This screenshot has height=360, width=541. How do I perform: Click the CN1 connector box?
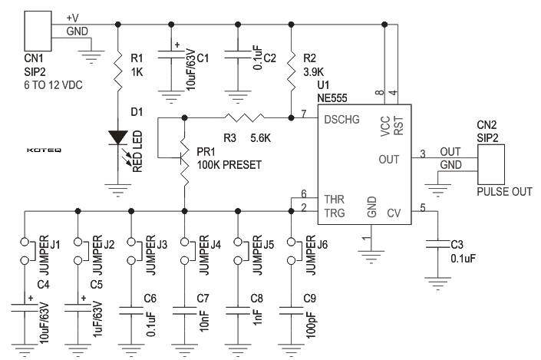(x=38, y=31)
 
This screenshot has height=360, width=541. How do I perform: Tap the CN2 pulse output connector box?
(x=491, y=164)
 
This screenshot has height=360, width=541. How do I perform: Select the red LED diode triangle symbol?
(x=118, y=137)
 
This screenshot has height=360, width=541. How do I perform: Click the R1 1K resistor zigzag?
(x=118, y=70)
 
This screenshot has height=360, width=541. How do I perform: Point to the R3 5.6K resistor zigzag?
(x=244, y=117)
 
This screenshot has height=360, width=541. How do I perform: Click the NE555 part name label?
(x=332, y=98)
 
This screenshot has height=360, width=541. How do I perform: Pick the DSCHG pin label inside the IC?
(x=342, y=120)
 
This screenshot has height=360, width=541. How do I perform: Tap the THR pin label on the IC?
(x=335, y=199)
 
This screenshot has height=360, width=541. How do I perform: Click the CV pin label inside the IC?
(x=394, y=213)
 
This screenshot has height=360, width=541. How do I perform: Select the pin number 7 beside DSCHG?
(x=304, y=114)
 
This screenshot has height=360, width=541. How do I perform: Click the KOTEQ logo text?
(x=44, y=150)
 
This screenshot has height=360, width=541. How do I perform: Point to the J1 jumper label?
(x=55, y=245)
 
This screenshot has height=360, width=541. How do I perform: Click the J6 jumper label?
(x=322, y=245)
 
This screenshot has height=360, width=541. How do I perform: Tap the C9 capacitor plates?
(x=291, y=311)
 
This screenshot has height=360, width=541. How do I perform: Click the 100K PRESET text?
(x=229, y=165)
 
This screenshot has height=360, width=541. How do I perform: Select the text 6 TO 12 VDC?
(x=54, y=85)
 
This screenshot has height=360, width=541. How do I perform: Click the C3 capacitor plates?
(x=437, y=244)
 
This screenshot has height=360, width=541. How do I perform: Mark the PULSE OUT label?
(x=504, y=192)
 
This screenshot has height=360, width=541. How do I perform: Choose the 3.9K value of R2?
(x=313, y=72)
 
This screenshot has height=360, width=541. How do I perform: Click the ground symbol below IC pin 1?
(x=371, y=257)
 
